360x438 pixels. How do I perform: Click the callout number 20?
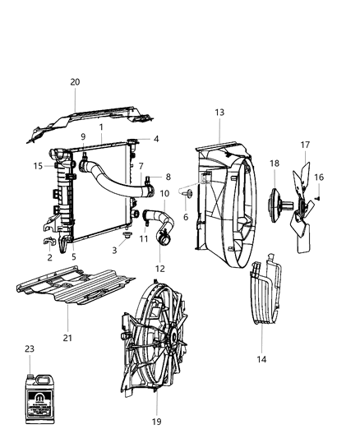75,82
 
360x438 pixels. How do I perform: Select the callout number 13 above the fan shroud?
219,112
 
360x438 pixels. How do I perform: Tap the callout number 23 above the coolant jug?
30,348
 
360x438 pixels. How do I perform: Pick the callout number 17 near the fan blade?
305,145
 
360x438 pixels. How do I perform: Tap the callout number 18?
274,164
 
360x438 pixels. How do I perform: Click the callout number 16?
319,177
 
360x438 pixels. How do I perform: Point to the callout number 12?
160,269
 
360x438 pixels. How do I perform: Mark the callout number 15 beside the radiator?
38,166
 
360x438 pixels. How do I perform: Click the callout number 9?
83,136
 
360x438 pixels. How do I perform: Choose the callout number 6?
186,217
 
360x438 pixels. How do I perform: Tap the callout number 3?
114,251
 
